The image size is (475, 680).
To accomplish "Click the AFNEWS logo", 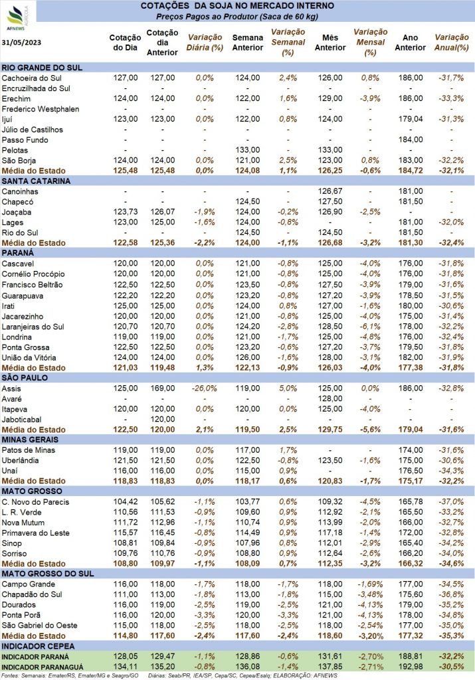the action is (17, 18).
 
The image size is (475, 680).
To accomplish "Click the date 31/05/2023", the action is (21, 42).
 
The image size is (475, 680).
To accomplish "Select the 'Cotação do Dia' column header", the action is (125, 42).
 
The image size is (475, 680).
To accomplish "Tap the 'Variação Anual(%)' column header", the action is (452, 42).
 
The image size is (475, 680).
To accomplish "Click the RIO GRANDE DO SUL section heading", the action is (42, 68).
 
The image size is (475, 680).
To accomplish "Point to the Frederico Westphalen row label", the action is (41, 109).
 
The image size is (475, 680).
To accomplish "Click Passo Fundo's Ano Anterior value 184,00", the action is (411, 139).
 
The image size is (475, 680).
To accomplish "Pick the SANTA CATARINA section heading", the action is (36, 181).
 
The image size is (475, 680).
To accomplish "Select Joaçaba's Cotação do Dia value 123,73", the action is (126, 212).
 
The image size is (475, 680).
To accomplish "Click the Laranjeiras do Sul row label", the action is (33, 327).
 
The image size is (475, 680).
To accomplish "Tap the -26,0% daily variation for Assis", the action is (205, 388).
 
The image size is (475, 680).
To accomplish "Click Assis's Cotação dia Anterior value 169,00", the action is (163, 388).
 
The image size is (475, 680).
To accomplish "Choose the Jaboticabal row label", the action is (22, 420).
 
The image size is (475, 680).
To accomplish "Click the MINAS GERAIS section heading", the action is (30, 440).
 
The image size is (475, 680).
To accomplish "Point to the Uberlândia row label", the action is (21, 461).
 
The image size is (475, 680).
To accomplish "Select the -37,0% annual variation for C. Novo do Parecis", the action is (451, 502).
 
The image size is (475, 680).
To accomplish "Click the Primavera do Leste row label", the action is (36, 533).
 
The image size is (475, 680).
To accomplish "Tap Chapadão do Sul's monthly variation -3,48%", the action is (370, 594).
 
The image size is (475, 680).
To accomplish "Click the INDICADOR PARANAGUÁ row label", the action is (43, 667).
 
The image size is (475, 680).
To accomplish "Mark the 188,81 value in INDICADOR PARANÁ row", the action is (411, 657).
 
